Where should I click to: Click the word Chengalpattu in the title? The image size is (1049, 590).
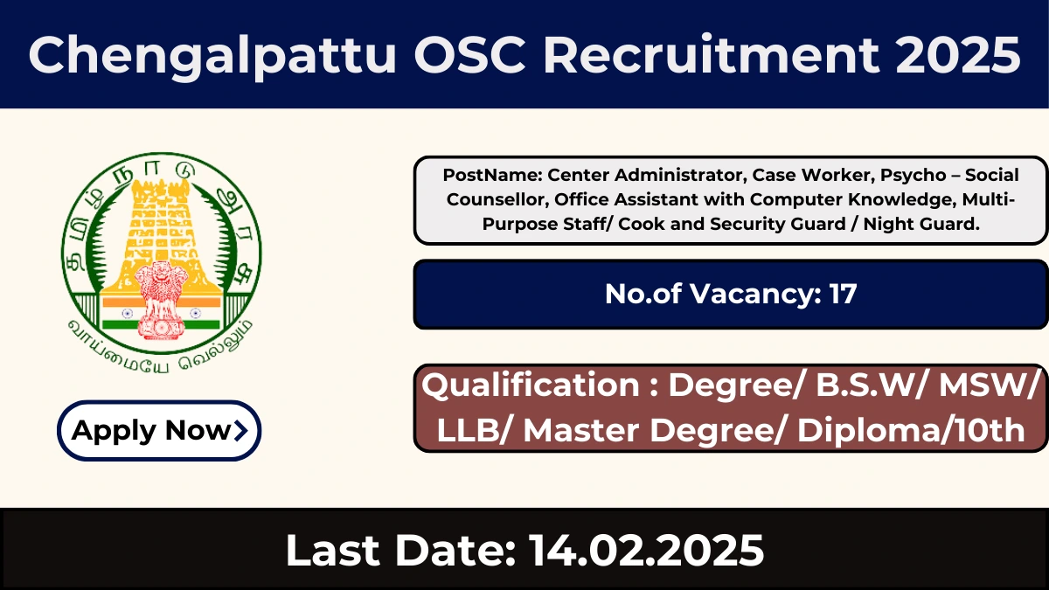(x=212, y=55)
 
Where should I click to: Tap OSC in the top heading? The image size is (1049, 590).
(x=469, y=54)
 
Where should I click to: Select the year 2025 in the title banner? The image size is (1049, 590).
(x=958, y=55)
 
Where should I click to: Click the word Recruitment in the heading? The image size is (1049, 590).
(x=710, y=54)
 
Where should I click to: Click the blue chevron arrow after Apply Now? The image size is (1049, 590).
(x=240, y=431)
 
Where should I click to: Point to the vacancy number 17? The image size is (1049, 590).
(x=843, y=294)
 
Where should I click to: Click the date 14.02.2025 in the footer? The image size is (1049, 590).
(x=647, y=550)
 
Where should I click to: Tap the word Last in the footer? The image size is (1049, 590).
(x=332, y=550)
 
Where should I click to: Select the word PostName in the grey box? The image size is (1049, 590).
(x=492, y=175)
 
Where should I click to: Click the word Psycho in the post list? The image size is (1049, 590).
(x=914, y=175)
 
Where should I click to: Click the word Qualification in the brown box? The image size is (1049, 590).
(x=531, y=385)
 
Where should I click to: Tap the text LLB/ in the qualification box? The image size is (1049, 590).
(x=476, y=430)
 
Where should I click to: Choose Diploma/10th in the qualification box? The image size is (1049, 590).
(x=911, y=430)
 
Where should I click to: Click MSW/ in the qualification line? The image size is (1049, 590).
(x=989, y=385)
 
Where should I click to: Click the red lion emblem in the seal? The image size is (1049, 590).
(x=160, y=300)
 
